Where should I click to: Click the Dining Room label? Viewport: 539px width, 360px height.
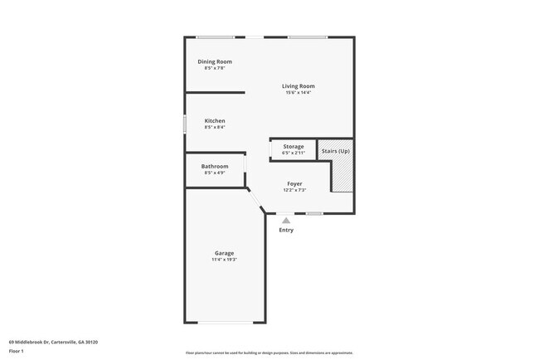click(x=214, y=62)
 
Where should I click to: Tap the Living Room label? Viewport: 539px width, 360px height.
click(x=298, y=86)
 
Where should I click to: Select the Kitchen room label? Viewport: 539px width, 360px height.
click(x=215, y=121)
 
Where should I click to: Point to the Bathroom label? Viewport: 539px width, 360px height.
click(x=215, y=166)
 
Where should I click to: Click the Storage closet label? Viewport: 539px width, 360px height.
click(x=294, y=147)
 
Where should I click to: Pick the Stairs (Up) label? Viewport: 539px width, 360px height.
click(x=336, y=151)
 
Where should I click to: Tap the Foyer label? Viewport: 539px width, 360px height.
click(x=294, y=183)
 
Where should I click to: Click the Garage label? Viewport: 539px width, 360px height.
click(x=224, y=253)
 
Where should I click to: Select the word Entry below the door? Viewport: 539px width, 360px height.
click(x=286, y=230)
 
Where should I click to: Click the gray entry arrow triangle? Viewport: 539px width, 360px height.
click(x=286, y=220)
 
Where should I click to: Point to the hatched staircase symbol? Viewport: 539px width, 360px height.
click(x=342, y=176)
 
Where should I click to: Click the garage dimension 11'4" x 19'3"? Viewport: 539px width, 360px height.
click(x=224, y=260)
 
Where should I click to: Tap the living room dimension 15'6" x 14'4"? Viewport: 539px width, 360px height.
click(x=298, y=93)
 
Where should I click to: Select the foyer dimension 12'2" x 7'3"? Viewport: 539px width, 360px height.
click(x=294, y=190)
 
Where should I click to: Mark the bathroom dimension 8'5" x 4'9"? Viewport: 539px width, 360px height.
click(x=215, y=173)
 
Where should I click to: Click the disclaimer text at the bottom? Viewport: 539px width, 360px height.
click(x=269, y=352)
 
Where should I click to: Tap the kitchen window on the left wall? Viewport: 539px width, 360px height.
click(x=184, y=123)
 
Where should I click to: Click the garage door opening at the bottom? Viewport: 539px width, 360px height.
click(x=224, y=322)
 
